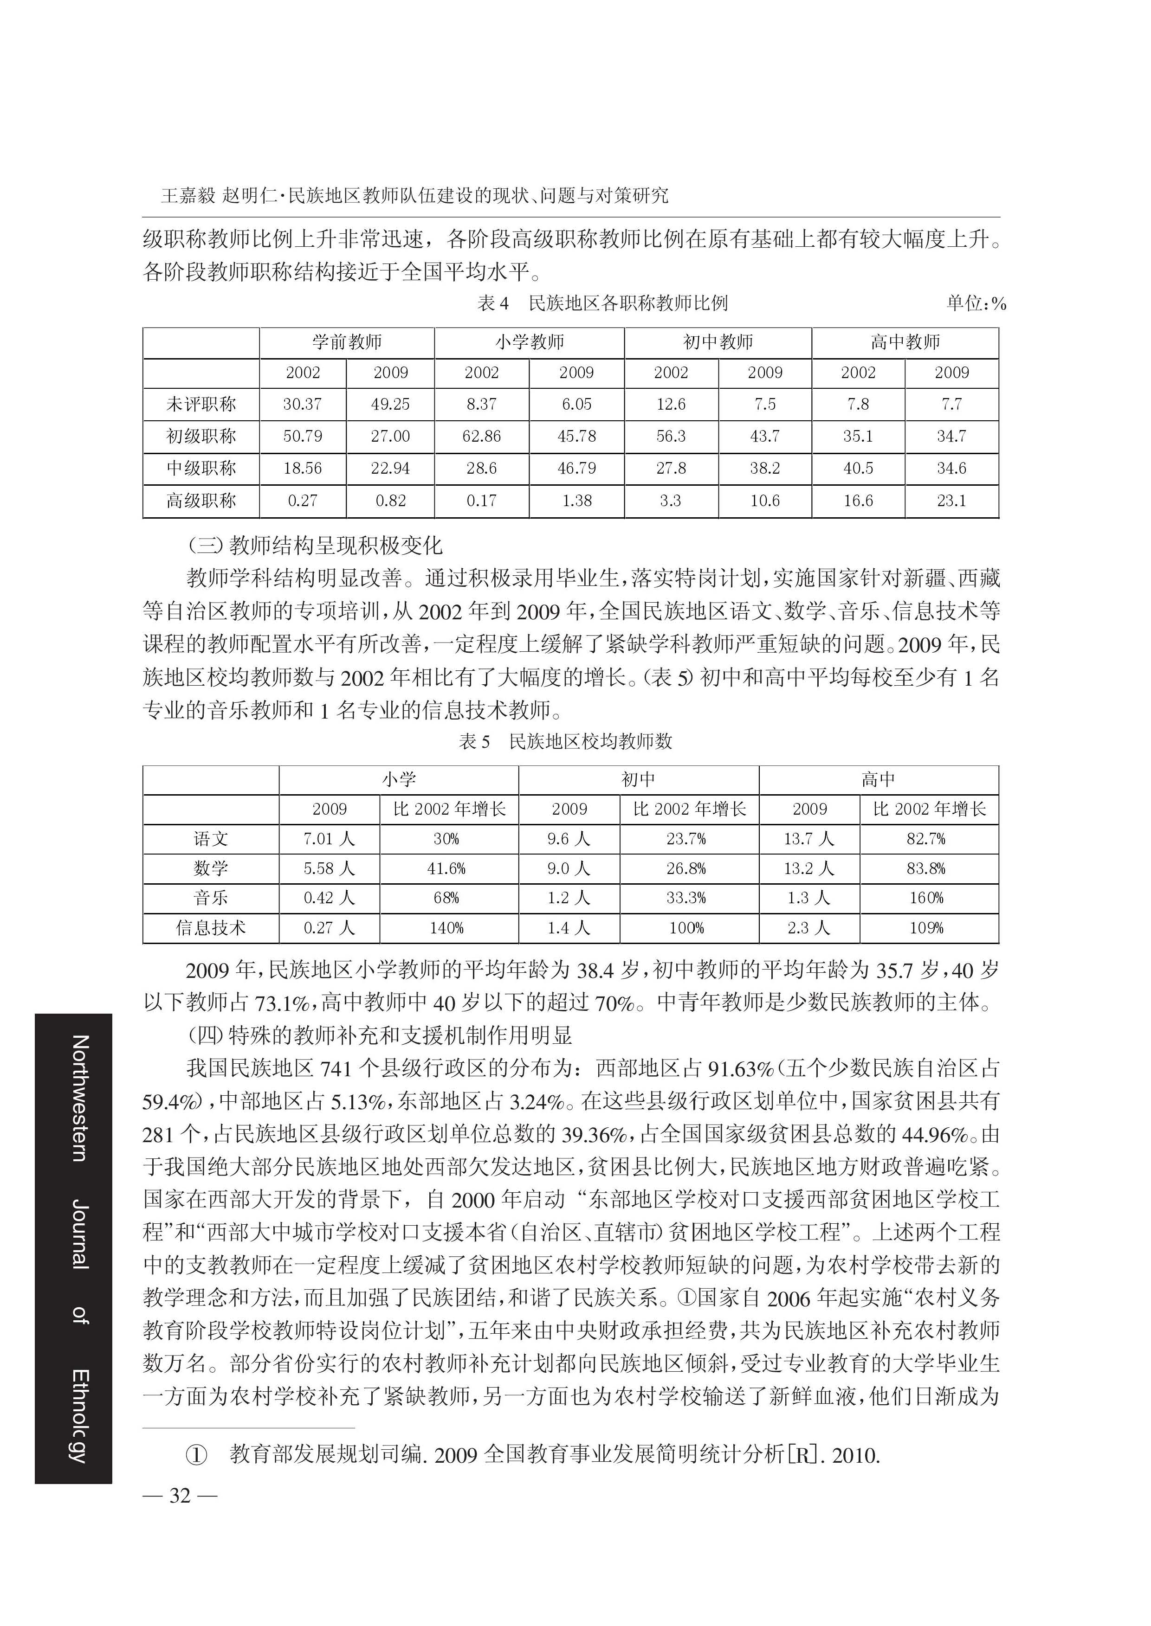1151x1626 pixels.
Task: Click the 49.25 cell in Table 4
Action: [x=390, y=404]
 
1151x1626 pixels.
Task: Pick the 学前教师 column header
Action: [x=347, y=342]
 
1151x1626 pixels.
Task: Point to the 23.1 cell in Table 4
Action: [x=951, y=501]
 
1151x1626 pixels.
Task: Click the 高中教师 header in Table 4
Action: [x=905, y=342]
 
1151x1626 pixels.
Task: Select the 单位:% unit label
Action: [x=976, y=304]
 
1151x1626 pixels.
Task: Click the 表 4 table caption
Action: [x=602, y=304]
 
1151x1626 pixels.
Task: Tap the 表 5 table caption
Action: [x=566, y=742]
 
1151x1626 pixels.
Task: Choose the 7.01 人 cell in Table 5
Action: [x=329, y=839]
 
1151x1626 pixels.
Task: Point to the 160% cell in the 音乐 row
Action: [x=926, y=898]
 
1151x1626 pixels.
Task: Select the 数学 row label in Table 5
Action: [x=211, y=868]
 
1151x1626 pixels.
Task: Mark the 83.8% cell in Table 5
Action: [x=926, y=868]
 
